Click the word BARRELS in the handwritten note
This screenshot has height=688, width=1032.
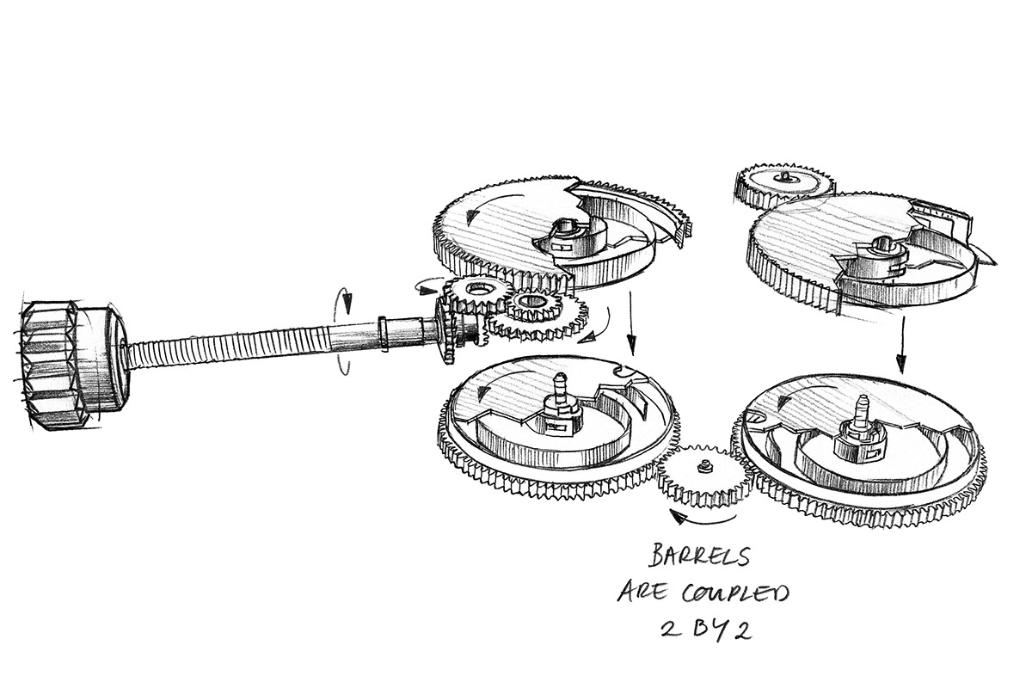[699, 556]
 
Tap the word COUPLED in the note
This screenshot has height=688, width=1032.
[736, 594]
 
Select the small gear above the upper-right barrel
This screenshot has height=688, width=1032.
[784, 185]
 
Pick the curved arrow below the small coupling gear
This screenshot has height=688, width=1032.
[705, 520]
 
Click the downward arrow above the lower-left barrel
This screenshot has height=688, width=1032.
[631, 324]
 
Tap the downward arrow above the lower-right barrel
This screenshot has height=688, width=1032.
[901, 344]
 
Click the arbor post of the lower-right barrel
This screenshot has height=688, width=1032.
[861, 412]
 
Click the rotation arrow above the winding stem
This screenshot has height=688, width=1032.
[345, 301]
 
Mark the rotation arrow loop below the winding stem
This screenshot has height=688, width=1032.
[343, 364]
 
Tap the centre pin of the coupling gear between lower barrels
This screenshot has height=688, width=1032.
[703, 467]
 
